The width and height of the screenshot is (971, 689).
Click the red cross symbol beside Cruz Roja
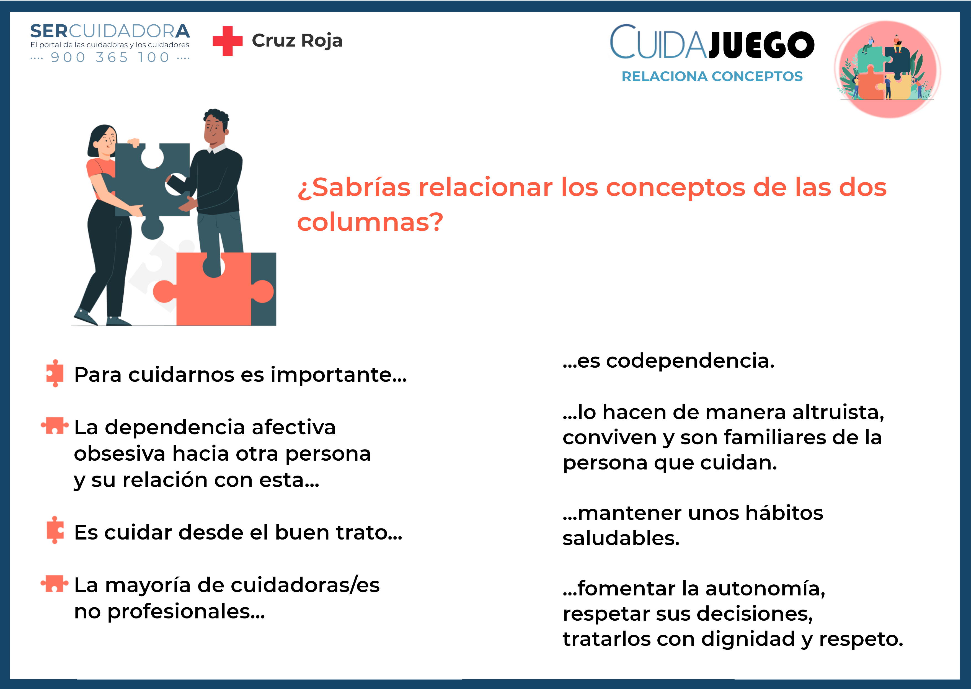(227, 41)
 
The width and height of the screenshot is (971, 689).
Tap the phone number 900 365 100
(110, 57)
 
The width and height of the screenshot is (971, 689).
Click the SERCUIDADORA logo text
(110, 31)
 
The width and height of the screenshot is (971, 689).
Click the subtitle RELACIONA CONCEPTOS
(712, 76)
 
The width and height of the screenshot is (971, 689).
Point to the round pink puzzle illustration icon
(887, 69)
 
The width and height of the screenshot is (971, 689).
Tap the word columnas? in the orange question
(370, 221)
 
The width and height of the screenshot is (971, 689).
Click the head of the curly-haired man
(216, 128)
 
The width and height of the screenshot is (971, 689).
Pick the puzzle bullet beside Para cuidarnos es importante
(55, 373)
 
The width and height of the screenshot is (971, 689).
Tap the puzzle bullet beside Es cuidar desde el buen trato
(55, 530)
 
